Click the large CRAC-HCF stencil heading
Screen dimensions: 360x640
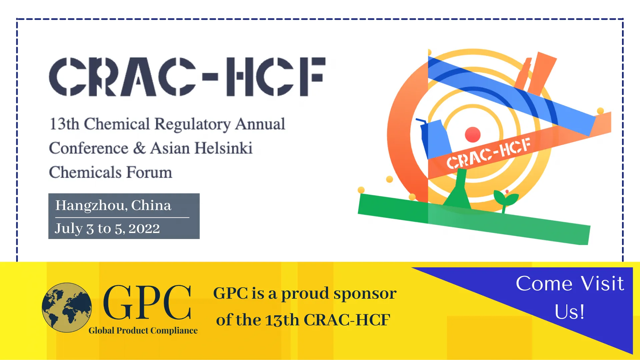coord(187,77)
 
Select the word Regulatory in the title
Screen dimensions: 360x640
coord(192,124)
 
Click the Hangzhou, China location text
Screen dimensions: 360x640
coord(113,205)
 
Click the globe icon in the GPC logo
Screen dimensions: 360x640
coord(67,307)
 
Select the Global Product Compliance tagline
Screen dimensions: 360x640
coord(143,330)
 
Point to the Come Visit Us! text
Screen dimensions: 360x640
coord(570,297)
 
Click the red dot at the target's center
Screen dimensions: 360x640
coord(473,134)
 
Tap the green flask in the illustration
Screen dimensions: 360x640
coord(459,190)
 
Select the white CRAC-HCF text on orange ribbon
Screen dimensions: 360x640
coord(488,153)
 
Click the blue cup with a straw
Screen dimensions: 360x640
coord(435,138)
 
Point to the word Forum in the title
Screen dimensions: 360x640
coord(149,173)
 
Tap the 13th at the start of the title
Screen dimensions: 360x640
coord(64,124)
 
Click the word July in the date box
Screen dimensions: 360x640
coord(68,229)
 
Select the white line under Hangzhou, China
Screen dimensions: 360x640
coord(122,218)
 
